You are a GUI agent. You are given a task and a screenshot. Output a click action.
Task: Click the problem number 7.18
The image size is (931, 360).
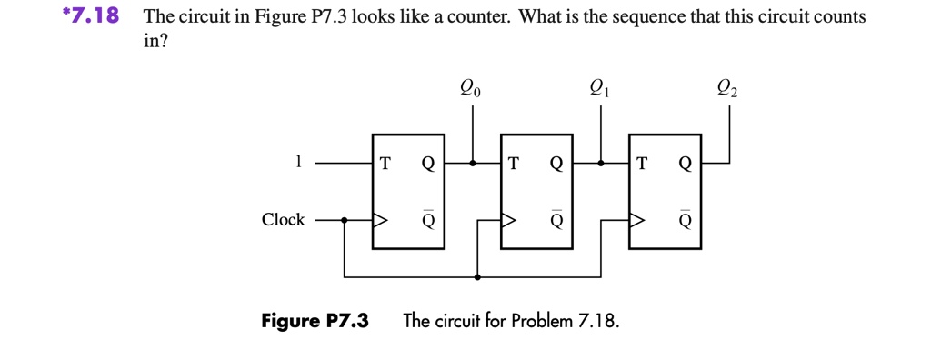(86, 17)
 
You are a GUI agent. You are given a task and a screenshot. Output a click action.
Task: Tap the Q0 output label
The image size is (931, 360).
(471, 89)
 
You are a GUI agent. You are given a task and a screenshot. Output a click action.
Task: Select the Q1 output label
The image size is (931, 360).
(600, 89)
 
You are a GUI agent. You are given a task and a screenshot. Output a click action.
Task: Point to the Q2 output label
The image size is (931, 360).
(728, 89)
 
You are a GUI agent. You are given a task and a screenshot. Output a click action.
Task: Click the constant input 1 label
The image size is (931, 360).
(296, 163)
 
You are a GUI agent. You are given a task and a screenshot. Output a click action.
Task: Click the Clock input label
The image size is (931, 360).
(283, 220)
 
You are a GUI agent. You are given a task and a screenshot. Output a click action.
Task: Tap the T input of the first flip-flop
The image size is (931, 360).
(385, 165)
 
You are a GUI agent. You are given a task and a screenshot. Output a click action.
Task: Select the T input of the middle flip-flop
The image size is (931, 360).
(514, 165)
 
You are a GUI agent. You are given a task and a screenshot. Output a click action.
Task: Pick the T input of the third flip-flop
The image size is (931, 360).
(643, 165)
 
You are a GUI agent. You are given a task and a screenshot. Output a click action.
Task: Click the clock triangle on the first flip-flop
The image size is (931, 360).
(379, 220)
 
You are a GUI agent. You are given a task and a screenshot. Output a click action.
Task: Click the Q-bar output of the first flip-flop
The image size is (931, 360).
(427, 219)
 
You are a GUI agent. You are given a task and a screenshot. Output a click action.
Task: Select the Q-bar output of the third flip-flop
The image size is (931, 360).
(686, 219)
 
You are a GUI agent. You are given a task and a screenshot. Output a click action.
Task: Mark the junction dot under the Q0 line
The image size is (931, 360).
(472, 165)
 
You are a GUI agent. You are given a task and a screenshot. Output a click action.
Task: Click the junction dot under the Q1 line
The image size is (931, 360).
(601, 165)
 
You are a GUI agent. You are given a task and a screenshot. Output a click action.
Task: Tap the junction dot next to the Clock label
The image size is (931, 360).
(344, 220)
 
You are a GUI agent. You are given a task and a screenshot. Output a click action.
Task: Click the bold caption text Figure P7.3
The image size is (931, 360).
(315, 321)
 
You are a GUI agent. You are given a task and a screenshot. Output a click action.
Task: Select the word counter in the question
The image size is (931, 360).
(473, 17)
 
